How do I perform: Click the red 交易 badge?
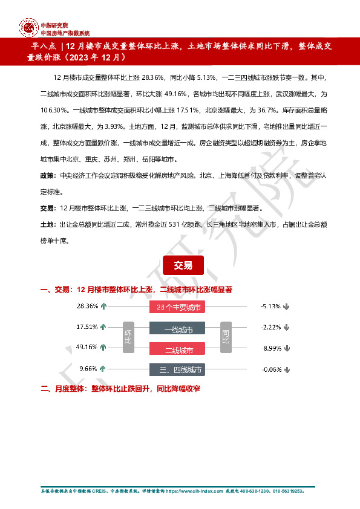pyautogui.click(x=183, y=265)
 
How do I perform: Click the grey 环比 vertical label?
pyautogui.click(x=128, y=337)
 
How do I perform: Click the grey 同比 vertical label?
pyautogui.click(x=226, y=337)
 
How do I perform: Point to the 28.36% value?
pyautogui.click(x=87, y=306)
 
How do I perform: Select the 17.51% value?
pyautogui.click(x=87, y=327)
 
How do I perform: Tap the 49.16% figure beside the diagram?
pyautogui.click(x=87, y=347)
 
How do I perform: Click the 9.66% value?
pyautogui.click(x=88, y=368)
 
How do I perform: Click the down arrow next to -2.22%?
pyautogui.click(x=286, y=328)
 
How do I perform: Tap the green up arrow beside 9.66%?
pyautogui.click(x=103, y=368)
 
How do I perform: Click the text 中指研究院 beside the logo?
pyautogui.click(x=53, y=25)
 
